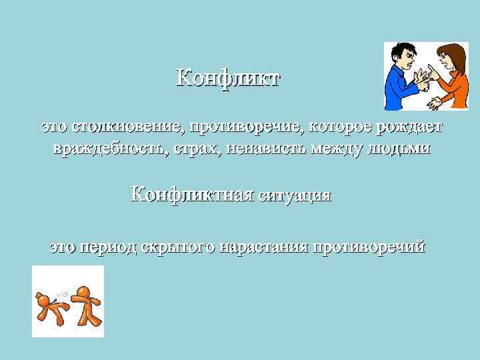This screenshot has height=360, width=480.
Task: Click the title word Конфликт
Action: [x=228, y=78]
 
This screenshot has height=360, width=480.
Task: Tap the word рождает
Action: [x=409, y=127]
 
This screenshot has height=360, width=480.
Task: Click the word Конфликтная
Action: [x=193, y=195]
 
